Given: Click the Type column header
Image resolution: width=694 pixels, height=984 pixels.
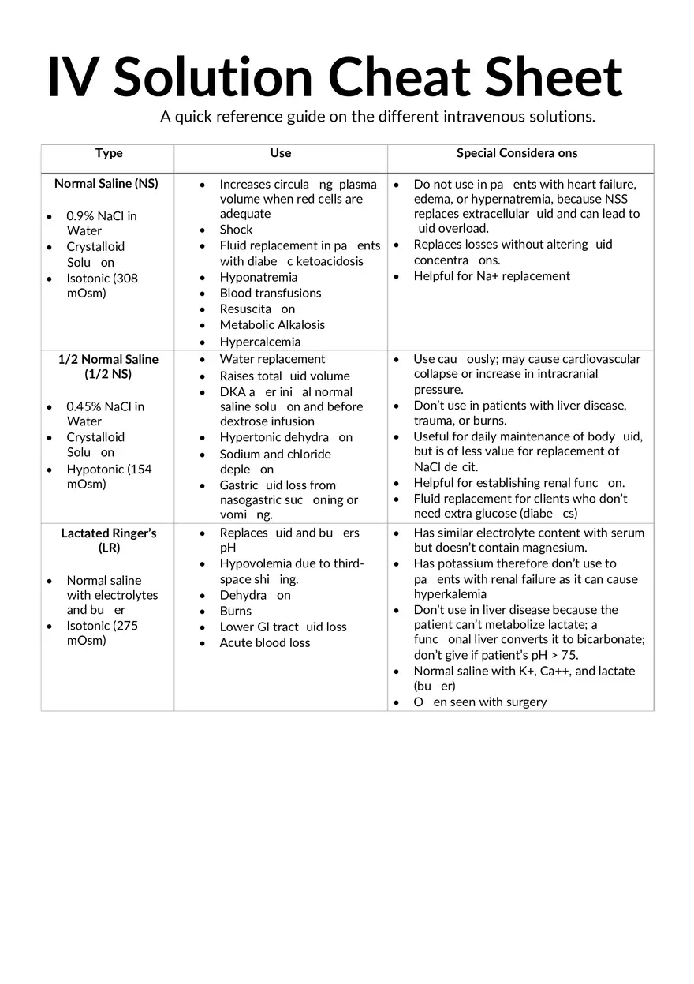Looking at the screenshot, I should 109,153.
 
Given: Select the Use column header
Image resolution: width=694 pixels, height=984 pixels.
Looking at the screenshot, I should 280,153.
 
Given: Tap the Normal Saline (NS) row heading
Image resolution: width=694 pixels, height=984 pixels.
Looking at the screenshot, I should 106,184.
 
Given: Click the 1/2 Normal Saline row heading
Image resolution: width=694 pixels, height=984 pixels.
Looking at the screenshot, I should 108,367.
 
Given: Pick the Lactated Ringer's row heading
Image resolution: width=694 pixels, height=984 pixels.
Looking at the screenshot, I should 109,541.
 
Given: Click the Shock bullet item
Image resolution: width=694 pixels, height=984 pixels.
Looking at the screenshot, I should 236,230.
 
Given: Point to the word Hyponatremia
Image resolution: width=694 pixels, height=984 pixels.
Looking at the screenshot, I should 258,277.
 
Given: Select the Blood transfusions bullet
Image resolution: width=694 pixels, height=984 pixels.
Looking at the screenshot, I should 271,293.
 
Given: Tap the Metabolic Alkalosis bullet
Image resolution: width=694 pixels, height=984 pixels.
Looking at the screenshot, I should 272,324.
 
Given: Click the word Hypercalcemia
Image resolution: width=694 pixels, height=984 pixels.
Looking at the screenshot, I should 259,342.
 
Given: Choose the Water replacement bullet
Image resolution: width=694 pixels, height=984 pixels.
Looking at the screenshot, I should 272,359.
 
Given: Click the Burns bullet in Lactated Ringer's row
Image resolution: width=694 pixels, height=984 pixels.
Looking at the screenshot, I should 235,611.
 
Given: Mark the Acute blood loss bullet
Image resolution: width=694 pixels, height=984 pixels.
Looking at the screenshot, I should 265,642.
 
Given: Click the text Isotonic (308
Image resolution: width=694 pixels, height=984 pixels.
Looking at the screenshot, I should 102,278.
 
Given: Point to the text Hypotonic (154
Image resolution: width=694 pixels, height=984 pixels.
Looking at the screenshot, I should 109,469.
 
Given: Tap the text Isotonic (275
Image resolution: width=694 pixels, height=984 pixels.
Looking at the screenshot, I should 102,625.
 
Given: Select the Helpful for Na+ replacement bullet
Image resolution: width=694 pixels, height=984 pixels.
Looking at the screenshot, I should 491,276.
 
